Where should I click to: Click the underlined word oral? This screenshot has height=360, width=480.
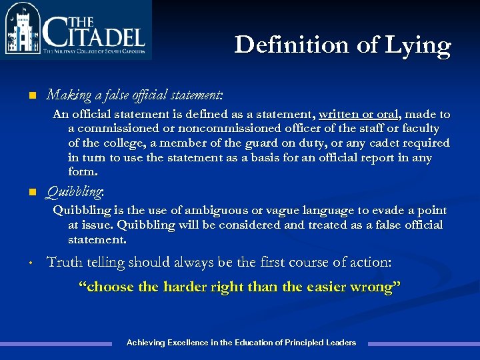[x=390, y=114]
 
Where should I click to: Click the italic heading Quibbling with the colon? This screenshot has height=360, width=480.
[x=75, y=193]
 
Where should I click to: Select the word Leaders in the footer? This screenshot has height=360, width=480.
[x=341, y=343]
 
